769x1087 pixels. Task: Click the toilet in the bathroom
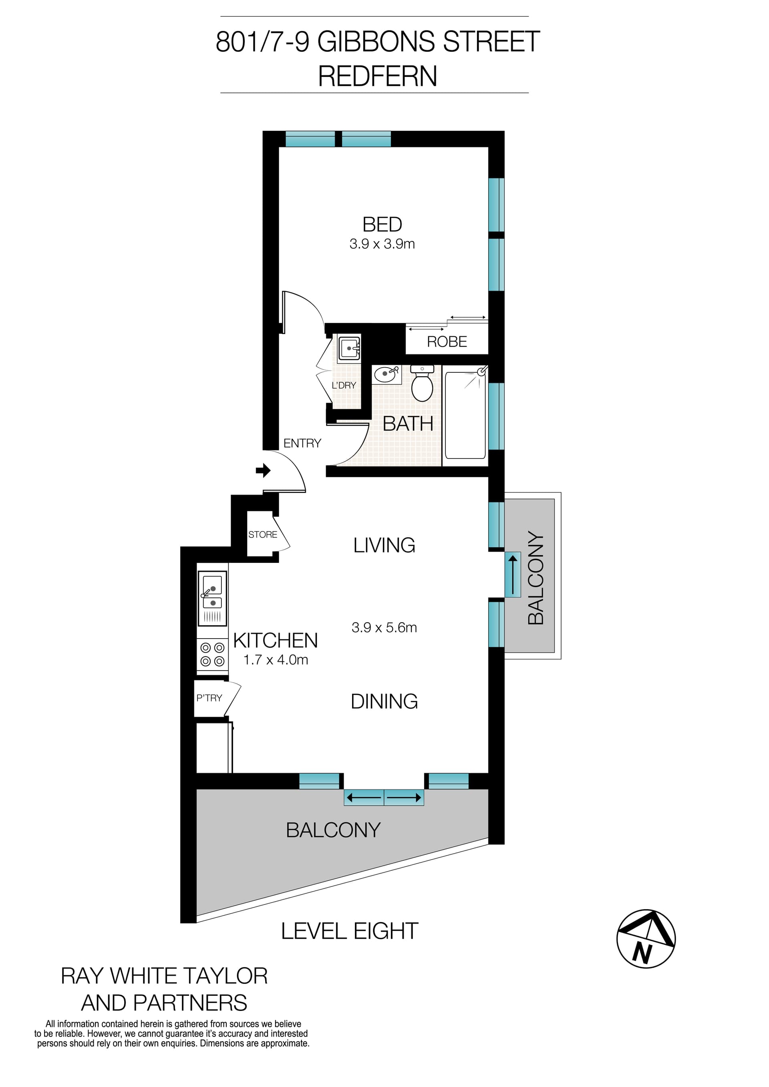coord(422,384)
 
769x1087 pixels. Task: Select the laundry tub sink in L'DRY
coord(350,348)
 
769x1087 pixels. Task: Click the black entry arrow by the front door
coord(263,470)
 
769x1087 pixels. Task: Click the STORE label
coord(262,534)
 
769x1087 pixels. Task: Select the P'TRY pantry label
coord(209,698)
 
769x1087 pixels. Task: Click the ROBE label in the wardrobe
coord(447,342)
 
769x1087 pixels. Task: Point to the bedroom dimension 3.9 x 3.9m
coord(382,244)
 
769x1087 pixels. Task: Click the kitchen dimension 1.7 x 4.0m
coord(276,660)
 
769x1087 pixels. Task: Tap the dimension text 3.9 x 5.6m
coord(384,628)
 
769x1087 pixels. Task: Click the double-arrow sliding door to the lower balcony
coord(384,798)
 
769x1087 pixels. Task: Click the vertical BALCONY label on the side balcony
coord(535,578)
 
